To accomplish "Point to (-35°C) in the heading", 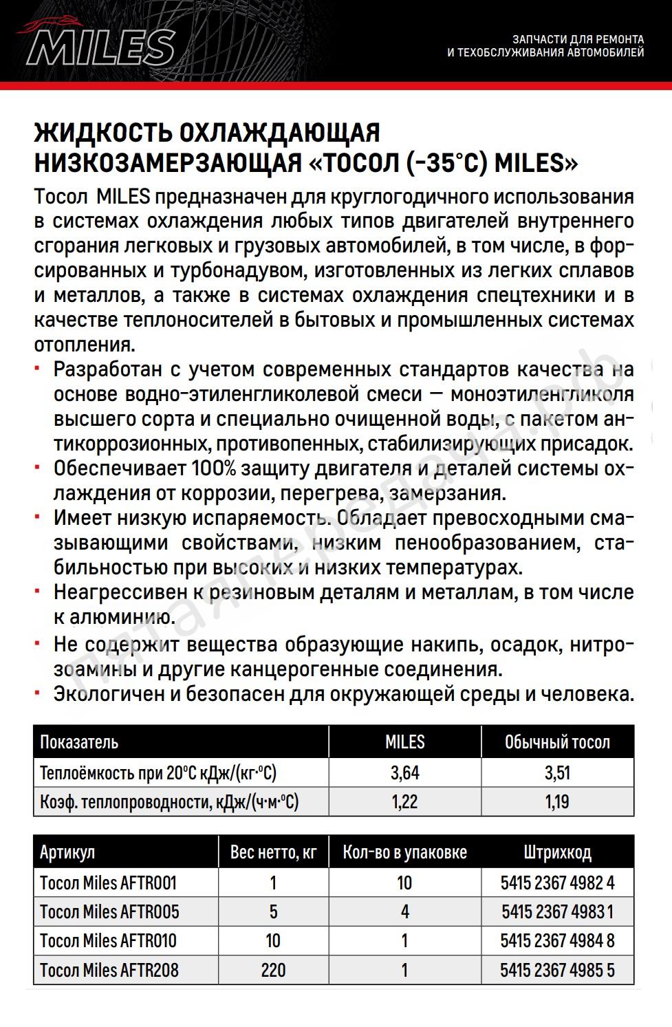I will [446, 163].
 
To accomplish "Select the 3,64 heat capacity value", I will [404, 772].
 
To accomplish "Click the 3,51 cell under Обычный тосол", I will [557, 772].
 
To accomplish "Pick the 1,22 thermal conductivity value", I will [404, 801].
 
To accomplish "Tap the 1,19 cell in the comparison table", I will [557, 801].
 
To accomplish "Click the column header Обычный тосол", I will [557, 742].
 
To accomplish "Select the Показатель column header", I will [79, 742].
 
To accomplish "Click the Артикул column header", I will [67, 853].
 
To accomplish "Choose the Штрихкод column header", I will [557, 853].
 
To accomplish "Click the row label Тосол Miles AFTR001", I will [109, 883].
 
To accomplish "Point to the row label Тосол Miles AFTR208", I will [109, 970].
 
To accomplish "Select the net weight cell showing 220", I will [273, 970].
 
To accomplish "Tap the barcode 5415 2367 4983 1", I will [557, 912].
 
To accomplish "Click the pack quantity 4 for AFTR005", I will [404, 912].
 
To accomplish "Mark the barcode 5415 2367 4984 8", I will [557, 941].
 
